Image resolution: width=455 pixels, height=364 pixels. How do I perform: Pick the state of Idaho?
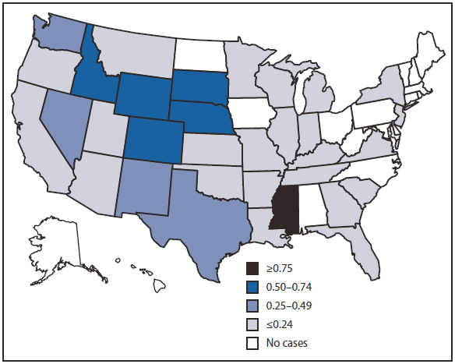tap(91, 69)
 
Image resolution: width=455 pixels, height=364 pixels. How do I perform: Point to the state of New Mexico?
tap(144, 190)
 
